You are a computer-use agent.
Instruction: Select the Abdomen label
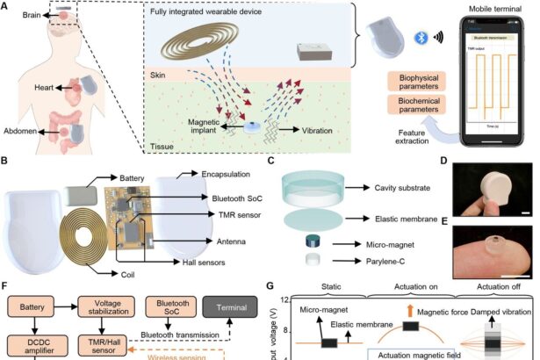tap(19, 133)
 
